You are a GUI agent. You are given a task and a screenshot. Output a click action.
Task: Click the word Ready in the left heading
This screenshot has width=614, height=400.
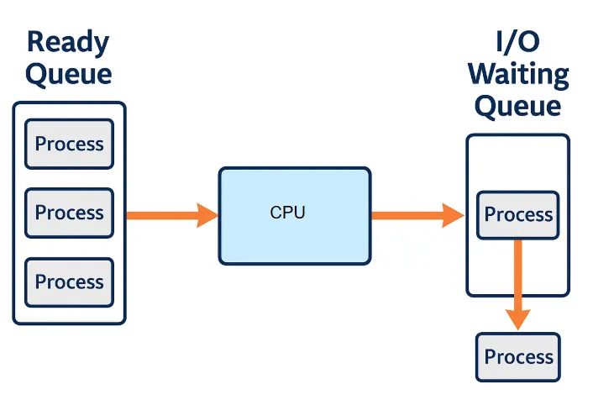[68, 42]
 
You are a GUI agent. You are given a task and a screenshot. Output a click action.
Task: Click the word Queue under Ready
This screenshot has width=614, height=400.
[68, 74]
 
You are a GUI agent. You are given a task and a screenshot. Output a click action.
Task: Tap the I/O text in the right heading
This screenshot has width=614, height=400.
[517, 42]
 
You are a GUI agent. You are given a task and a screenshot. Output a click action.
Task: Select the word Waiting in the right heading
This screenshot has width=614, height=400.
[517, 74]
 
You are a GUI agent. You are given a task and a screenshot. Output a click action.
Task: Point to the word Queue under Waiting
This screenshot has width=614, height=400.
[517, 106]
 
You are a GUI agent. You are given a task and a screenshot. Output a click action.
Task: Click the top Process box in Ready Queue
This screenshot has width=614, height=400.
[69, 144]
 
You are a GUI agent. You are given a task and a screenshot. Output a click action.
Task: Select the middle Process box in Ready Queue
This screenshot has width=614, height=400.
[69, 213]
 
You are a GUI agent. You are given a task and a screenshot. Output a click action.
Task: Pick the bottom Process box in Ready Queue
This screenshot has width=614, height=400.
[69, 282]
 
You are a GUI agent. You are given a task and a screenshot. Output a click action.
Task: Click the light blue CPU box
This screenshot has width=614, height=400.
[294, 216]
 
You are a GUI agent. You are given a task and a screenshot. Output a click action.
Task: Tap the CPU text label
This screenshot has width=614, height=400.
[287, 213]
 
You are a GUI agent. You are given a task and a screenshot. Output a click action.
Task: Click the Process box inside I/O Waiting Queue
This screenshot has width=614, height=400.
[518, 215]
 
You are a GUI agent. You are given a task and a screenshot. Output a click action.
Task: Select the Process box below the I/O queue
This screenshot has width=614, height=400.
[518, 357]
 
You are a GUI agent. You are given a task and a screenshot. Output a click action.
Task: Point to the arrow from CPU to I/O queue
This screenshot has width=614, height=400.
[417, 215]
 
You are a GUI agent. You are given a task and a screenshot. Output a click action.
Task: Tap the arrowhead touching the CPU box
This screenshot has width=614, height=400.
[208, 215]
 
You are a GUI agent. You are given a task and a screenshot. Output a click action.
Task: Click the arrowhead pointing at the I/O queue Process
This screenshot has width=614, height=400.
[454, 215]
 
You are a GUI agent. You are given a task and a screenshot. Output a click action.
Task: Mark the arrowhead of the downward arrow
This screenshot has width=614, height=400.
[518, 318]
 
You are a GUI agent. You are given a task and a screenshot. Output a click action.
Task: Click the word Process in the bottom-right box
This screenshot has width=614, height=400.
[518, 357]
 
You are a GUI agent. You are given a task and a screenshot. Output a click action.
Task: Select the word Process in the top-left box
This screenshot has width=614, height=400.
[69, 144]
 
